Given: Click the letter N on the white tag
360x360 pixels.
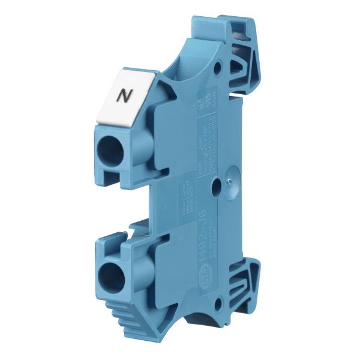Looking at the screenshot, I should pos(124,94).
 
